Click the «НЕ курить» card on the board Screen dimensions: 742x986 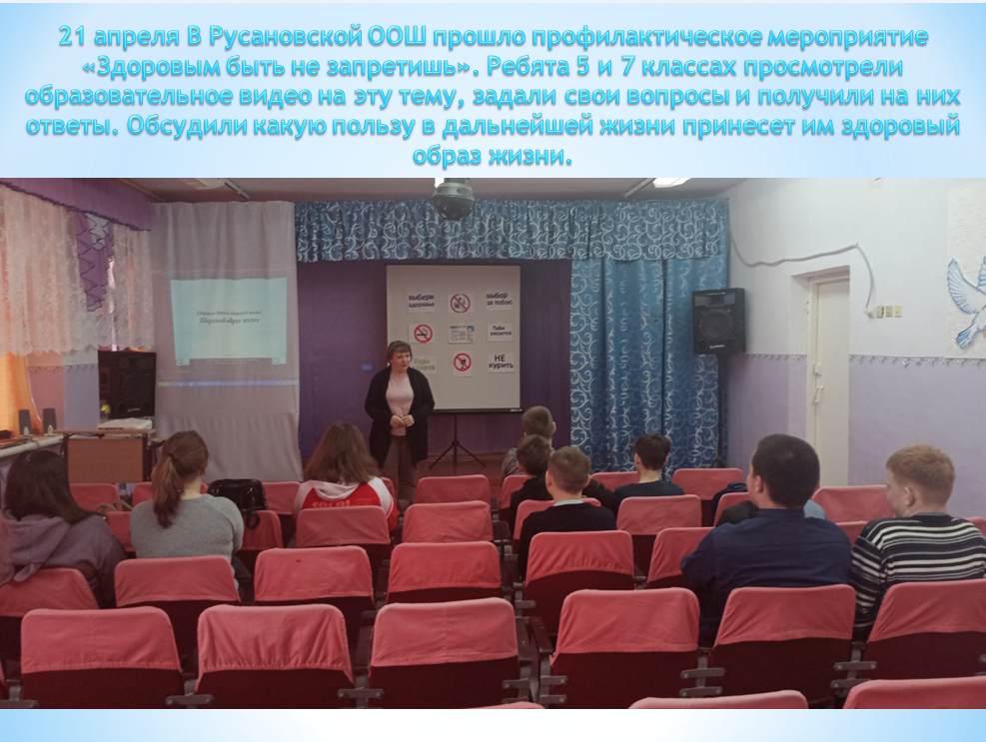pos(500,363)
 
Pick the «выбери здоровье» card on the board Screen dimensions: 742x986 pos(421,301)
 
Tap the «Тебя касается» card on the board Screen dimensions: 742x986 pos(499,332)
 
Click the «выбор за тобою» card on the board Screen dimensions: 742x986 pos(497,301)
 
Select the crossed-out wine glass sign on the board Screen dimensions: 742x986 pos(462,363)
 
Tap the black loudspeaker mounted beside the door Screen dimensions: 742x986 pos(718,321)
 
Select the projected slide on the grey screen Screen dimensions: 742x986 pos(229,320)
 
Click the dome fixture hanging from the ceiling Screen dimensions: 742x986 pos(453,198)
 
